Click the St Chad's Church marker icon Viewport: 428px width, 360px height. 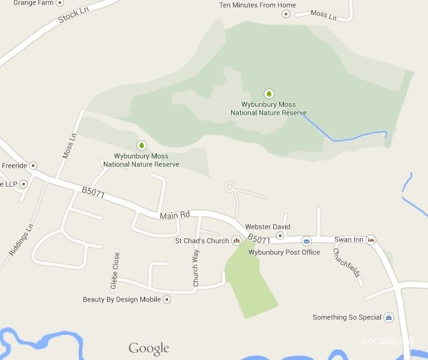click(236, 240)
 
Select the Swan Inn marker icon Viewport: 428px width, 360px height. click(371, 240)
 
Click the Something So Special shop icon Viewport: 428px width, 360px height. click(389, 317)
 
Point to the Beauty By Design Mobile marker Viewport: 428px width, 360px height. click(167, 299)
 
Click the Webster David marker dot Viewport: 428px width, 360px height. click(279, 235)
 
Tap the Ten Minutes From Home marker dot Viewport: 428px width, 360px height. click(285, 14)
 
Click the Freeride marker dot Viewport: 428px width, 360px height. click(33, 165)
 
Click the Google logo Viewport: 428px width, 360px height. click(149, 348)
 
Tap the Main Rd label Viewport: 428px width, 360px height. click(175, 216)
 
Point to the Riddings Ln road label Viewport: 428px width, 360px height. click(20, 240)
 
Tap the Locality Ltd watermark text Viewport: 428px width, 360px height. click(388, 341)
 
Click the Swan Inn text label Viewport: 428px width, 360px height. click(348, 240)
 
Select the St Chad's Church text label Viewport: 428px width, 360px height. click(202, 241)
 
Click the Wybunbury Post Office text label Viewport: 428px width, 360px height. click(284, 252)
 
